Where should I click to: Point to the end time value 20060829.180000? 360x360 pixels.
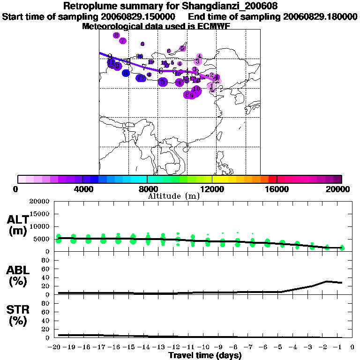pos(320,16)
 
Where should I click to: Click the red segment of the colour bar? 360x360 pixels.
pos(272,179)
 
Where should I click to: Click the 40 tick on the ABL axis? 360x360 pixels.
pos(45,277)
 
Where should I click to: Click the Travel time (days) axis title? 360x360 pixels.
pos(205,355)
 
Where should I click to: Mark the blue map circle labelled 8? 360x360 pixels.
pos(126,73)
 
